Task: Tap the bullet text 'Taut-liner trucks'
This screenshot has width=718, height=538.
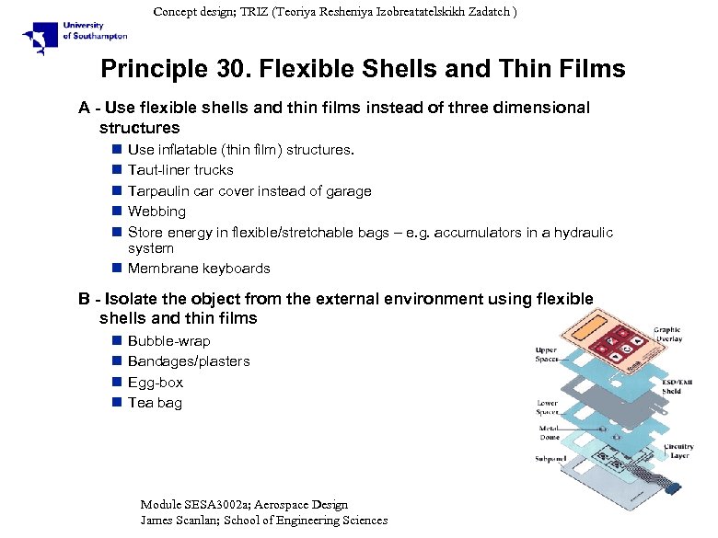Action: [180, 170]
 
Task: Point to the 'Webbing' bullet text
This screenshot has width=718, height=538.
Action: [156, 212]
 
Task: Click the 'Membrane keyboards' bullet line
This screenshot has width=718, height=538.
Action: [199, 269]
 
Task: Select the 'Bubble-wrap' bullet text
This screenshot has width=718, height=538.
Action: [168, 341]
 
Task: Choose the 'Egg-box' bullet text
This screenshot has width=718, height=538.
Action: [156, 383]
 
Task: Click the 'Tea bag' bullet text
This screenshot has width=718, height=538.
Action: [155, 403]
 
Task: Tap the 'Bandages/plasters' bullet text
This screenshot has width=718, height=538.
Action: [189, 361]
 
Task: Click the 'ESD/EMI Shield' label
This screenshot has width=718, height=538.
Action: [677, 386]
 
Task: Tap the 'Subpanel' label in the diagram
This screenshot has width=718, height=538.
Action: [551, 458]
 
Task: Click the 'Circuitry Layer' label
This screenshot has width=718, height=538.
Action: [679, 452]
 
